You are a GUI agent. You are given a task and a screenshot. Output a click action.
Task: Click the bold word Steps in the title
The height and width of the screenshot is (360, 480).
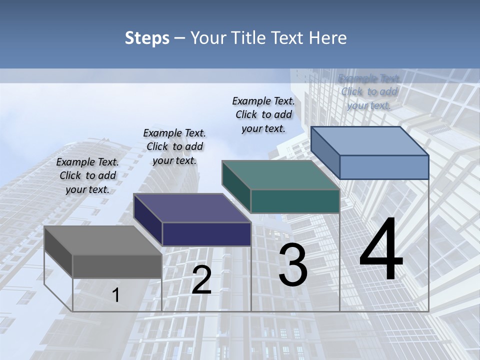[147, 38]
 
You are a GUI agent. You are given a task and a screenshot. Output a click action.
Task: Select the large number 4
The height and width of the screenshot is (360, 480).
[381, 250]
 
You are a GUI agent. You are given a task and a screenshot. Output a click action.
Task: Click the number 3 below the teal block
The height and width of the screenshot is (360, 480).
[293, 265]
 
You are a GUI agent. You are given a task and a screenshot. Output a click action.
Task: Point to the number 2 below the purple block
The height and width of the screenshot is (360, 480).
[201, 280]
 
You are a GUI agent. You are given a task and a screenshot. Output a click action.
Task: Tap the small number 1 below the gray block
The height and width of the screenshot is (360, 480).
[116, 295]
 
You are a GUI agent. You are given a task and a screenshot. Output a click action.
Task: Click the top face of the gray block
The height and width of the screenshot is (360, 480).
[102, 240]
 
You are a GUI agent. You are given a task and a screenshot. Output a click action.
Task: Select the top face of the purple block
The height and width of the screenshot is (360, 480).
[192, 208]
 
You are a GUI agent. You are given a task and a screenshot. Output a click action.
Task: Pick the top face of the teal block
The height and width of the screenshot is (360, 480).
[280, 175]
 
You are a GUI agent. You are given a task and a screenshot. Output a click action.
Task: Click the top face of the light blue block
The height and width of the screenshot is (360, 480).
[369, 141]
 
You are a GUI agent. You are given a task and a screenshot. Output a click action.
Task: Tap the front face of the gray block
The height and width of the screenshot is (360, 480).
[117, 266]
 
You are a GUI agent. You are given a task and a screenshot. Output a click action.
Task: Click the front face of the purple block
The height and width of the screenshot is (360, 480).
[206, 234]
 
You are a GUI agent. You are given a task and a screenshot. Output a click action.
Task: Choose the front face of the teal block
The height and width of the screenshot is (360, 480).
[295, 201]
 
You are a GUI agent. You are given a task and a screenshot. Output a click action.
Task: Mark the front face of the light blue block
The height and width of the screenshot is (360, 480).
[384, 167]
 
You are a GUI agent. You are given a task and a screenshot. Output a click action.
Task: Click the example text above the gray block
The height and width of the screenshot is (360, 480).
[87, 175]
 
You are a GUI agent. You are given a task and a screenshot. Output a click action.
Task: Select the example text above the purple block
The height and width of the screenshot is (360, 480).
[174, 146]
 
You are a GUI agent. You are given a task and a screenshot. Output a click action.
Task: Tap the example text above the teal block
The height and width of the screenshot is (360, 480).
[263, 114]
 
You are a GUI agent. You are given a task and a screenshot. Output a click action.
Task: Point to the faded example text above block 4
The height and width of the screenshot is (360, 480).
[369, 91]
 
